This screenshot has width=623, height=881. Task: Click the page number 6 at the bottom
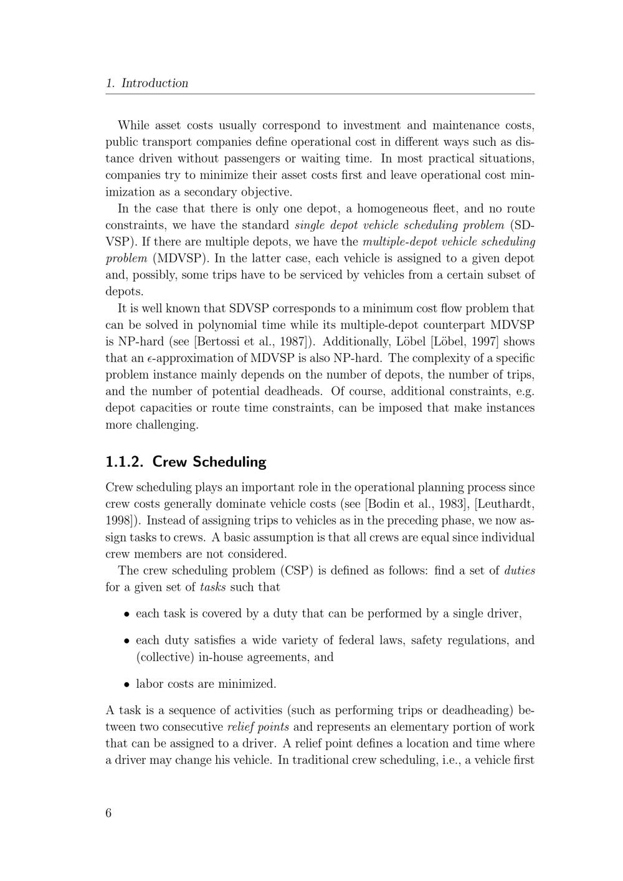[109, 813]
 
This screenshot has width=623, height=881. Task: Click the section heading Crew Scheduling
[209, 462]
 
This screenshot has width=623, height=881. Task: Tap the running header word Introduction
[155, 83]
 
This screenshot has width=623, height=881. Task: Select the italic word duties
[520, 571]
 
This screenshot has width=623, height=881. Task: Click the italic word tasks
[213, 588]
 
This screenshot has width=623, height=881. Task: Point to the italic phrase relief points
[258, 727]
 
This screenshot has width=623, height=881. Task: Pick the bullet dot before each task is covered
[126, 614]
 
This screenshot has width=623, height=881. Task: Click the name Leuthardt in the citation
[504, 504]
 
